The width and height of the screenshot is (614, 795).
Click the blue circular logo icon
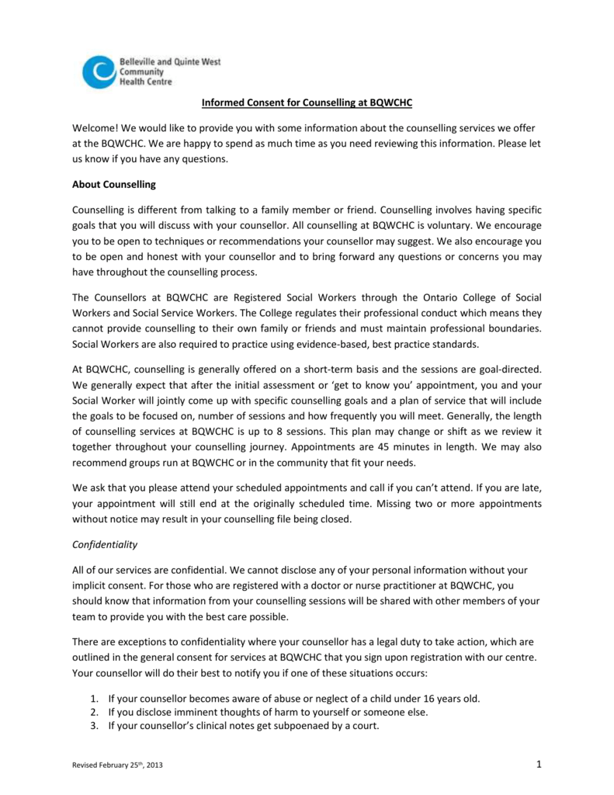pyautogui.click(x=99, y=71)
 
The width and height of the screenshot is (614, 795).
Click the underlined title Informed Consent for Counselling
pyautogui.click(x=307, y=102)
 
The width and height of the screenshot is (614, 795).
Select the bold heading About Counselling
pyautogui.click(x=114, y=185)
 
